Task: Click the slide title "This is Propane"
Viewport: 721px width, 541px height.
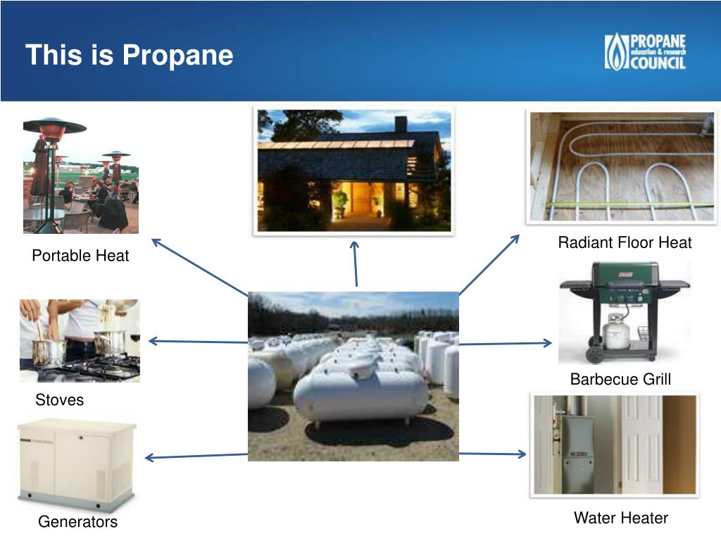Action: coord(129,55)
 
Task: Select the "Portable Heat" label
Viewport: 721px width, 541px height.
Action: coord(80,256)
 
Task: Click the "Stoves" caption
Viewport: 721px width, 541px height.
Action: coord(59,400)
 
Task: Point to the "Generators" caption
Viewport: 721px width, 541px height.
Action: coord(77,522)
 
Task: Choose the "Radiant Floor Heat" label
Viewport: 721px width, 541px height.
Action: coord(625,243)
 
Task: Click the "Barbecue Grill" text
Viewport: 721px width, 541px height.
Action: coord(620,380)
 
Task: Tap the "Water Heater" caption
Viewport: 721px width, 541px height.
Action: coord(620,518)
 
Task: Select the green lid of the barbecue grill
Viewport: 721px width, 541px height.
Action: coord(625,274)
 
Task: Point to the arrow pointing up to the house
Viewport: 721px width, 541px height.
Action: coord(356,263)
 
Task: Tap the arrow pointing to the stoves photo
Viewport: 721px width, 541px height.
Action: coord(197,342)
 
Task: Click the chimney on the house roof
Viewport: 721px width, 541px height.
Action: coord(401,124)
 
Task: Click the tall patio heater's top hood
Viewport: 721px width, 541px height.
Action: coord(54,127)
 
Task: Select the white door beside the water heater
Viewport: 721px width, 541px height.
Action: coord(641,444)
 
